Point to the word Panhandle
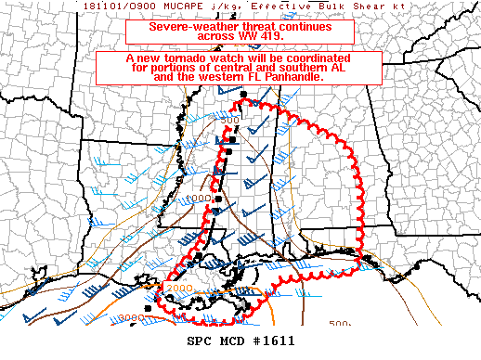tap(294, 77)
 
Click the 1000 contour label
tap(198, 199)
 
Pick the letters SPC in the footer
tap(200, 341)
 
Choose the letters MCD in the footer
tap(232, 341)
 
